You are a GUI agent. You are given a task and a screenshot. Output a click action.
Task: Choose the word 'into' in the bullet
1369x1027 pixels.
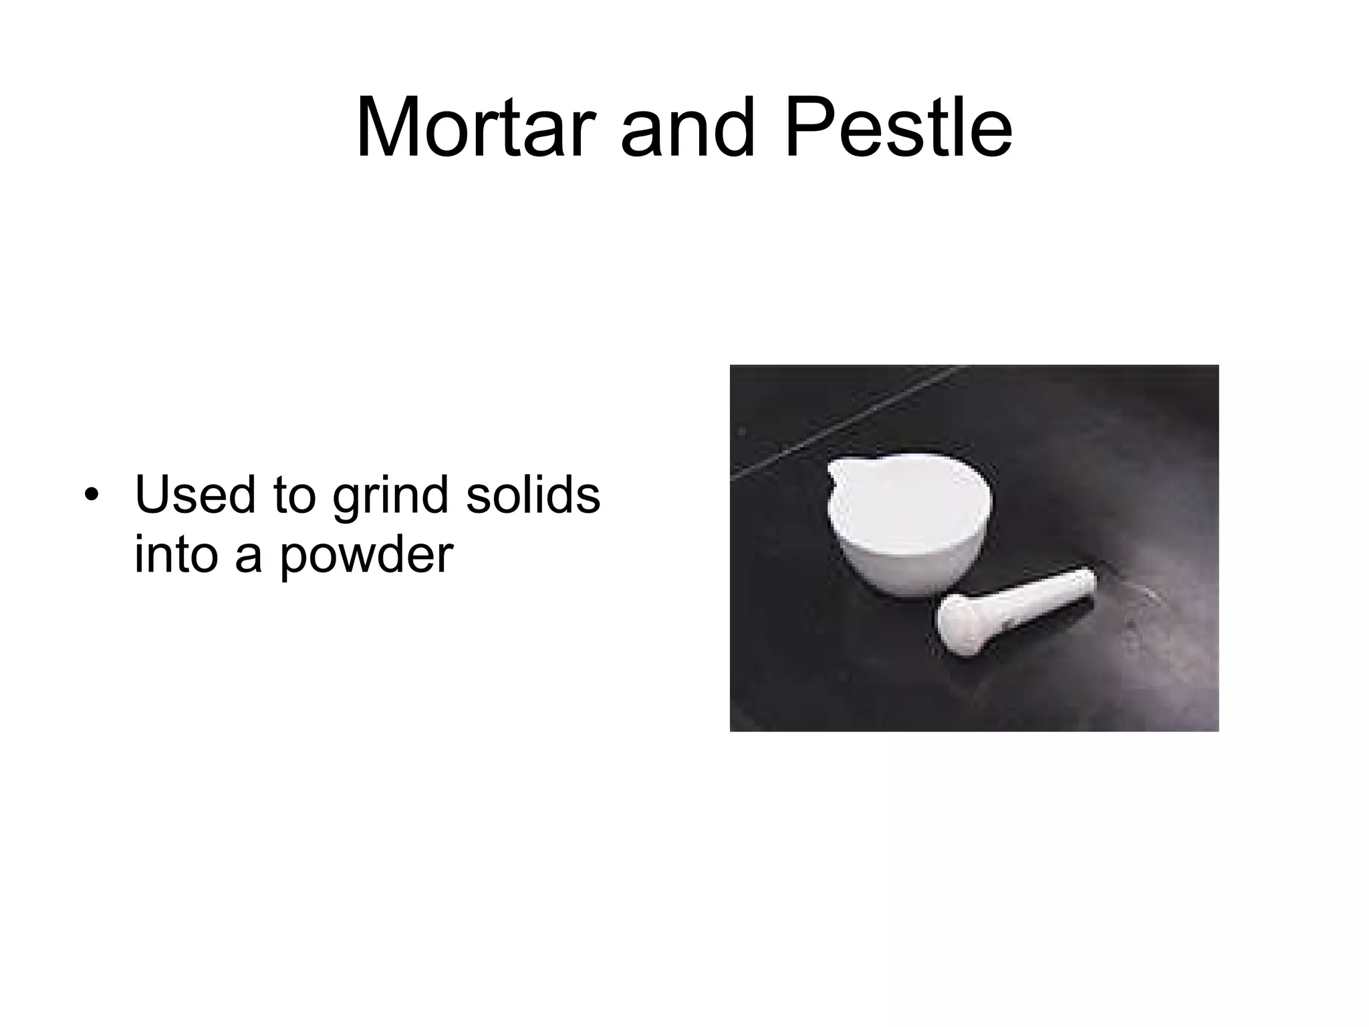tap(176, 554)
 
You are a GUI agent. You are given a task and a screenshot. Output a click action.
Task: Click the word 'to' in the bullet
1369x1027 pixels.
tap(294, 497)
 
